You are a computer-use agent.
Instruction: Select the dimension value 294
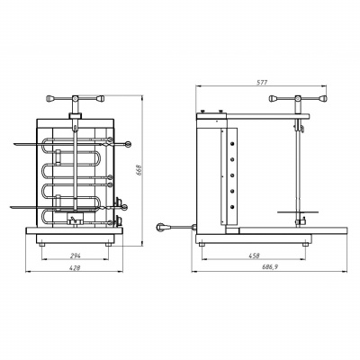pyautogui.click(x=76, y=256)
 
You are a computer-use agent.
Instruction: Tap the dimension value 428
pyautogui.click(x=75, y=268)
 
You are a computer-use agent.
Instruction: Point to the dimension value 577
pyautogui.click(x=262, y=82)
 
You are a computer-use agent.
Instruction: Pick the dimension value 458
pyautogui.click(x=254, y=256)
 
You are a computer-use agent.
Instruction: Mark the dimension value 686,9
pyautogui.click(x=269, y=268)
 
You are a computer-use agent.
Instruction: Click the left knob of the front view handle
pyautogui.click(x=50, y=98)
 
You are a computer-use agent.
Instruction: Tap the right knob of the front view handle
pyautogui.click(x=100, y=98)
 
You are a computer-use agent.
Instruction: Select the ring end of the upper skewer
pyautogui.click(x=129, y=145)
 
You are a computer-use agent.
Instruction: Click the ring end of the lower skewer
pyautogui.click(x=125, y=207)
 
